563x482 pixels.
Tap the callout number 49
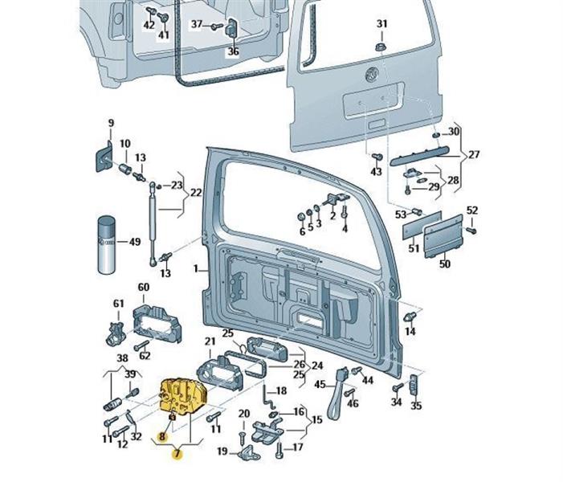pos(135,242)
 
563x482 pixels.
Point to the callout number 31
pos(381,23)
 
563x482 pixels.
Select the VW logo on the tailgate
pos(372,77)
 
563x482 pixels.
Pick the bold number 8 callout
pos(162,438)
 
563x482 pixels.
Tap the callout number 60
pos(144,288)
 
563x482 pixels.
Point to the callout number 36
pos(233,52)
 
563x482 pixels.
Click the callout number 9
pos(111,123)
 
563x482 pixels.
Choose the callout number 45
pos(320,385)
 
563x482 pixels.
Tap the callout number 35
pos(415,407)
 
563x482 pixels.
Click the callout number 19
pos(222,451)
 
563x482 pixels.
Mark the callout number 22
pos(195,193)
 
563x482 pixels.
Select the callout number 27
pos(474,154)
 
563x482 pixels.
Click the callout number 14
pos(410,331)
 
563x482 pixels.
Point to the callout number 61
pos(119,303)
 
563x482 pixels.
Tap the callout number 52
pos(472,210)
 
